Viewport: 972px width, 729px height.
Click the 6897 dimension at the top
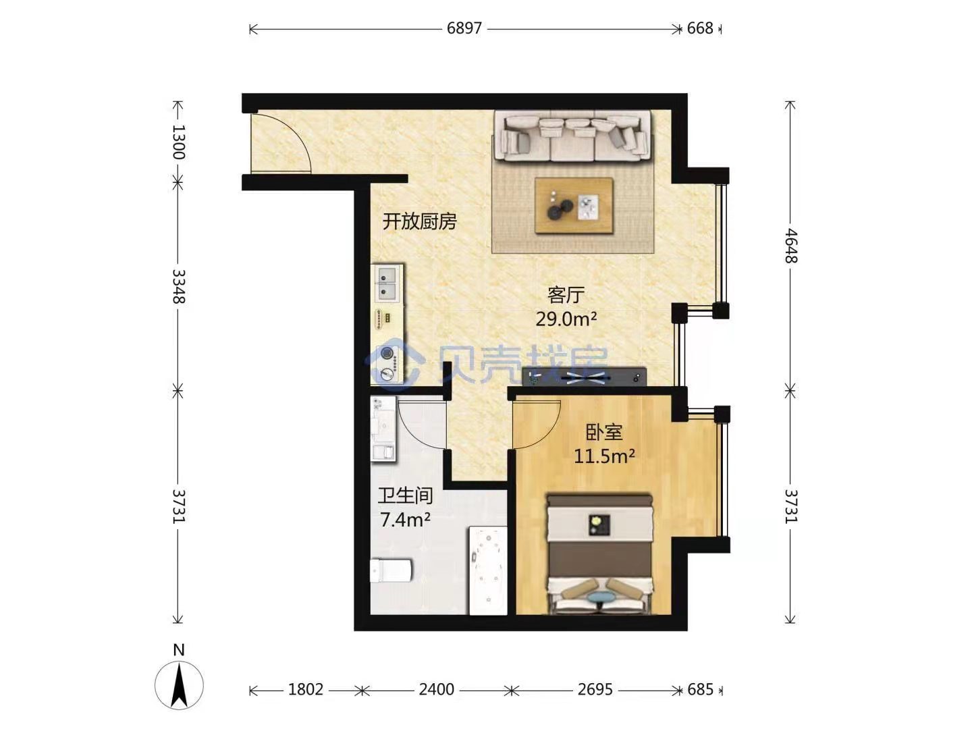click(x=464, y=28)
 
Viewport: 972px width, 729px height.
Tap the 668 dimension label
click(x=700, y=28)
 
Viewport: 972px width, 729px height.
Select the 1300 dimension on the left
click(x=178, y=142)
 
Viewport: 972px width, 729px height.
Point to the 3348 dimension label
click(x=178, y=286)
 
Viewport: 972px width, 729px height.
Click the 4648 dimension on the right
click(x=791, y=246)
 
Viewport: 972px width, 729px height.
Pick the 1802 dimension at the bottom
click(x=306, y=689)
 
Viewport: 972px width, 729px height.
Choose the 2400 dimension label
click(x=436, y=689)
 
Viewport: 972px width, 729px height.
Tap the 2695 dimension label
click(x=595, y=689)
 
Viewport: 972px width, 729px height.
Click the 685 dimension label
click(x=700, y=689)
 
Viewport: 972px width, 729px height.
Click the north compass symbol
click(x=179, y=684)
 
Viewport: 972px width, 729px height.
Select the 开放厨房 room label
click(x=419, y=221)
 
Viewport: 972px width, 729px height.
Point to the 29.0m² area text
click(x=566, y=318)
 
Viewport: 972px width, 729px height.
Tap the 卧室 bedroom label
click(x=604, y=433)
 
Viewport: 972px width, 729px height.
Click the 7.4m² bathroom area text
click(x=405, y=520)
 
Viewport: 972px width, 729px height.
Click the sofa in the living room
click(x=573, y=136)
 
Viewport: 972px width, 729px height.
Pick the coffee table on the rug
click(x=574, y=205)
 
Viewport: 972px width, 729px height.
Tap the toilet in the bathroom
click(x=391, y=570)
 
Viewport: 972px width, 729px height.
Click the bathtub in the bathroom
click(x=487, y=570)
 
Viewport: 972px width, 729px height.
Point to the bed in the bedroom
click(x=600, y=555)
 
